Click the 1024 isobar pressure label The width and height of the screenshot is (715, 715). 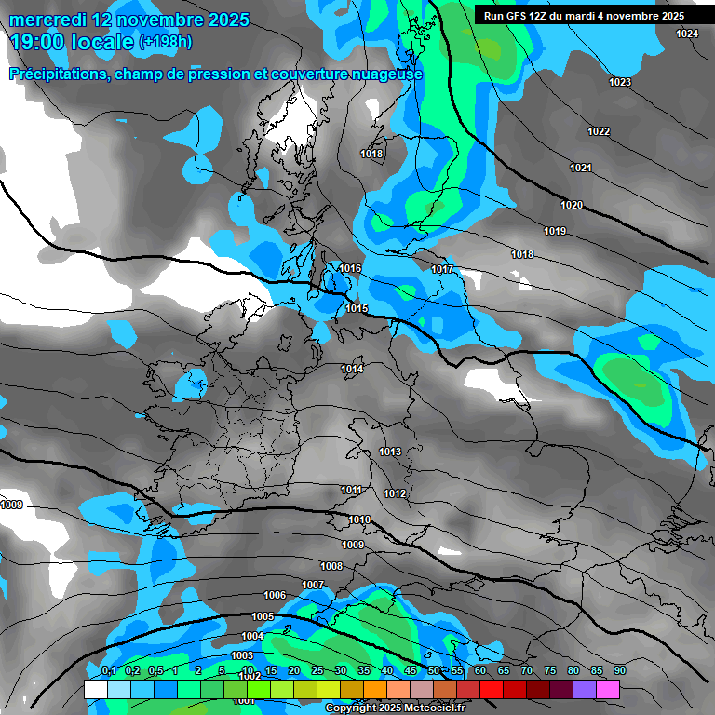click(x=687, y=34)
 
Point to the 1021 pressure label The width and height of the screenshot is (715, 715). click(x=581, y=168)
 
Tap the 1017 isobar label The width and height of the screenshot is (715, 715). click(x=442, y=269)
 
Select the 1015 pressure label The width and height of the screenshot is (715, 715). click(x=357, y=308)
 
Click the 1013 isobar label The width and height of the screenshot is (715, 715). click(x=390, y=452)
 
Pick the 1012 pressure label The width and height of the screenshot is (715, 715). click(x=395, y=493)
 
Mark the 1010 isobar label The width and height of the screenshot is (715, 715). click(x=359, y=519)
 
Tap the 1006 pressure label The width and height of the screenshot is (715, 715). click(x=275, y=595)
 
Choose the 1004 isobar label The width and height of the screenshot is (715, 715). click(x=252, y=636)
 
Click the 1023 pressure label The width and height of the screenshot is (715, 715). click(x=620, y=82)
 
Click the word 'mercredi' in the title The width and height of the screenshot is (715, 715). click(x=55, y=20)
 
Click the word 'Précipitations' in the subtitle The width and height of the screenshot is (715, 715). click(x=58, y=74)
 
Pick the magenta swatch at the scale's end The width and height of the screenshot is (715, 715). click(x=608, y=690)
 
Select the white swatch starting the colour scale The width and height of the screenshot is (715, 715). click(x=96, y=690)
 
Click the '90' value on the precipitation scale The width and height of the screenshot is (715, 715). click(x=620, y=671)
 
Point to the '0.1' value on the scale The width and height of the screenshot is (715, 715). click(x=108, y=671)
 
